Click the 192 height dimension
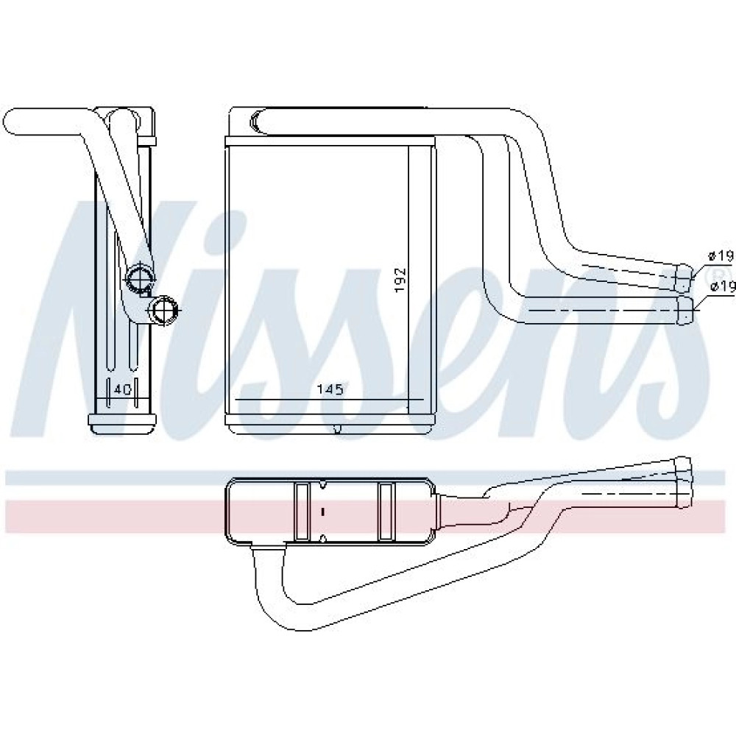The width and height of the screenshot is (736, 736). pyautogui.click(x=400, y=280)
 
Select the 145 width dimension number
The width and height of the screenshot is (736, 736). pyautogui.click(x=330, y=389)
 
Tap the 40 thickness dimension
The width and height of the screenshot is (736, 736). pyautogui.click(x=122, y=389)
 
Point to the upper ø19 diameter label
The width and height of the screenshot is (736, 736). pyautogui.click(x=721, y=256)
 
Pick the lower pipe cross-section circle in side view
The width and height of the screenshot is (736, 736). pyautogui.click(x=163, y=309)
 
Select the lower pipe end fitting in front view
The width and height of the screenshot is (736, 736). pyautogui.click(x=685, y=310)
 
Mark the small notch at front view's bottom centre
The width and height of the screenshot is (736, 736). pyautogui.click(x=336, y=428)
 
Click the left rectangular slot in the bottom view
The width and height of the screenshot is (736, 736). pyautogui.click(x=300, y=512)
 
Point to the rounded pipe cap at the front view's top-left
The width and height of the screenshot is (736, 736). pyautogui.click(x=257, y=121)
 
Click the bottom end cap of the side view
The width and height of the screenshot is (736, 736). pyautogui.click(x=123, y=423)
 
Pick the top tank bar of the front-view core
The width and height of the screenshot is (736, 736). pyautogui.click(x=330, y=141)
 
